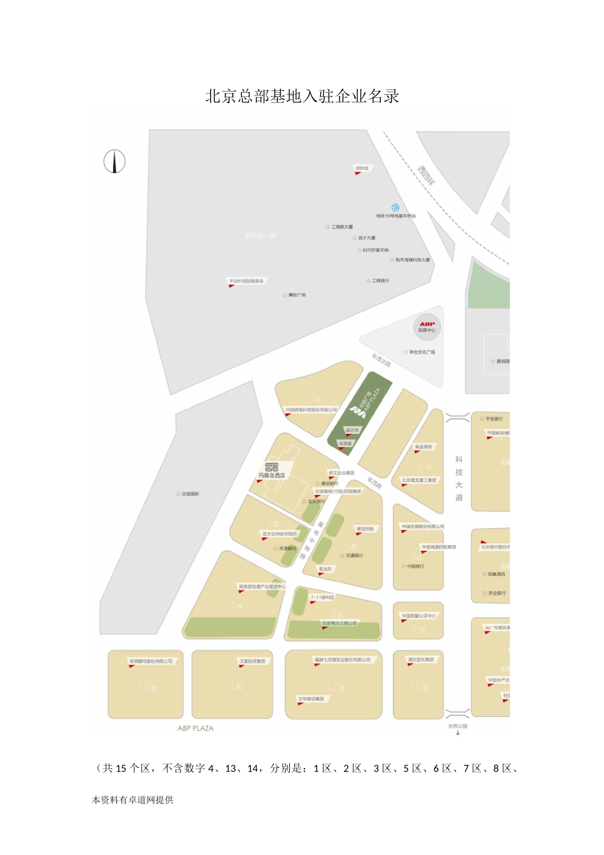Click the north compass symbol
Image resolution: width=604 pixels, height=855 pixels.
114,162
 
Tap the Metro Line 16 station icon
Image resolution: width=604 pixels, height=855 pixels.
395,207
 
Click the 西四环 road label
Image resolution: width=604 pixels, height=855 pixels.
427,175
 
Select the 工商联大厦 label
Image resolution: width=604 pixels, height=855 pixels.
342,227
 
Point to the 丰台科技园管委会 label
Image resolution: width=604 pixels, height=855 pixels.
247,281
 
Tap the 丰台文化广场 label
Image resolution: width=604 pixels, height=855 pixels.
422,352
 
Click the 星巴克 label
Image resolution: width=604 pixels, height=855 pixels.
352,430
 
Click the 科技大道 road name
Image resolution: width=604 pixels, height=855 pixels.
459,478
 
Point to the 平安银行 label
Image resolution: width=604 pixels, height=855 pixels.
493,419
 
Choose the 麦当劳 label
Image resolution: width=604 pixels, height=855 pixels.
325,569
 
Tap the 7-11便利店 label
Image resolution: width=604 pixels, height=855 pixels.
322,597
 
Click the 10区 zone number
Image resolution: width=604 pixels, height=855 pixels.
148,688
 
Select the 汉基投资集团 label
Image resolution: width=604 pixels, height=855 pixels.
252,661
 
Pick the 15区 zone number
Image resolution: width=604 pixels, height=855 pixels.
418,688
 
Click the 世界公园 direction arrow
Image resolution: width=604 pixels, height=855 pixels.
458,733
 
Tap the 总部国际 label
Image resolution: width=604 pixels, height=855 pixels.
190,494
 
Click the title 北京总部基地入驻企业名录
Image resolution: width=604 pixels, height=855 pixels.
302,96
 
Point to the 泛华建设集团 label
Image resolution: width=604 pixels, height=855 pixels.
311,699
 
